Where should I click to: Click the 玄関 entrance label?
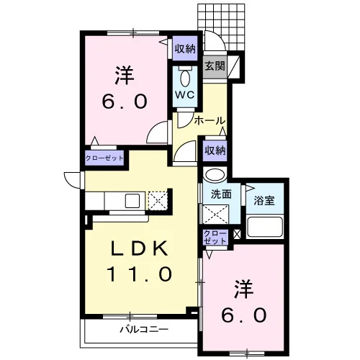[215, 66]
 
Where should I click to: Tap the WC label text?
[184, 95]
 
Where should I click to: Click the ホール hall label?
[210, 120]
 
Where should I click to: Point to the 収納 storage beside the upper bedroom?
[185, 49]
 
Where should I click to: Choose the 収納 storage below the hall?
[215, 150]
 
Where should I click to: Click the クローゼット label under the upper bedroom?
[104, 158]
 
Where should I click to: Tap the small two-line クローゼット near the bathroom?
[215, 237]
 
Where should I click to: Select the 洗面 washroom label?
[221, 194]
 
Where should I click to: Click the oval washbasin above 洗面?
[215, 175]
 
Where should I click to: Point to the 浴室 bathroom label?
[264, 201]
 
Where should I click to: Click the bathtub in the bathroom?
[265, 227]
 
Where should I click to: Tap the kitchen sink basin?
[132, 201]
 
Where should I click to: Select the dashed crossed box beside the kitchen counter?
[158, 201]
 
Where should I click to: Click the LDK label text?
[139, 248]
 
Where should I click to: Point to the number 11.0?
[140, 274]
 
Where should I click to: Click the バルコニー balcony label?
[144, 329]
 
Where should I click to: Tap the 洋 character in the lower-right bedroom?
[244, 289]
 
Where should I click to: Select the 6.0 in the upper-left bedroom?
[125, 102]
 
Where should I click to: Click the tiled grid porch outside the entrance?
[221, 27]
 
